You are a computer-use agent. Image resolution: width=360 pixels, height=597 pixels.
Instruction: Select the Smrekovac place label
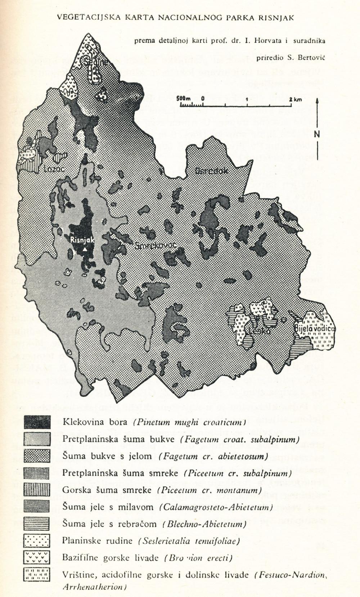[x=157, y=246]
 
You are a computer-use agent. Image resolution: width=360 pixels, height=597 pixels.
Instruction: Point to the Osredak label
[x=212, y=171]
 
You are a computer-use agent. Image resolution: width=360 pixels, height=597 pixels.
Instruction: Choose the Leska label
[x=259, y=331]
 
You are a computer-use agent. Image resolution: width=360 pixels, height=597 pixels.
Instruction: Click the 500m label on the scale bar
[x=184, y=98]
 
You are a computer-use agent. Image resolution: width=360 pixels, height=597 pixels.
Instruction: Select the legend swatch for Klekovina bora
[x=37, y=422]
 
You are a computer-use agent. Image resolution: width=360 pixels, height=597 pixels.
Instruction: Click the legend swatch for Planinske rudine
[x=37, y=540]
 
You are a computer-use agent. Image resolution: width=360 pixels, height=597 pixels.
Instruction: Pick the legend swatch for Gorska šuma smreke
[x=37, y=490]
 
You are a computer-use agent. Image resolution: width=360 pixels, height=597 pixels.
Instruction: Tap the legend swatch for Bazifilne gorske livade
[x=37, y=557]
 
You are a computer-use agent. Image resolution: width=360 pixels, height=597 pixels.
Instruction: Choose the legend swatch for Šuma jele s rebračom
[x=37, y=524]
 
